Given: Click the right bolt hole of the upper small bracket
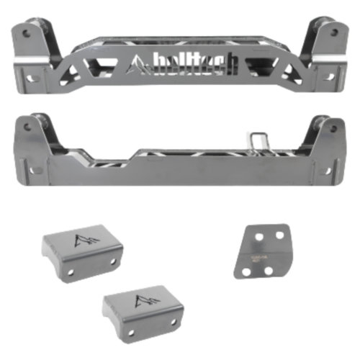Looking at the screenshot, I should (115, 261).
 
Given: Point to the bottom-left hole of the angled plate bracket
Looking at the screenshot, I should (249, 271).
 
